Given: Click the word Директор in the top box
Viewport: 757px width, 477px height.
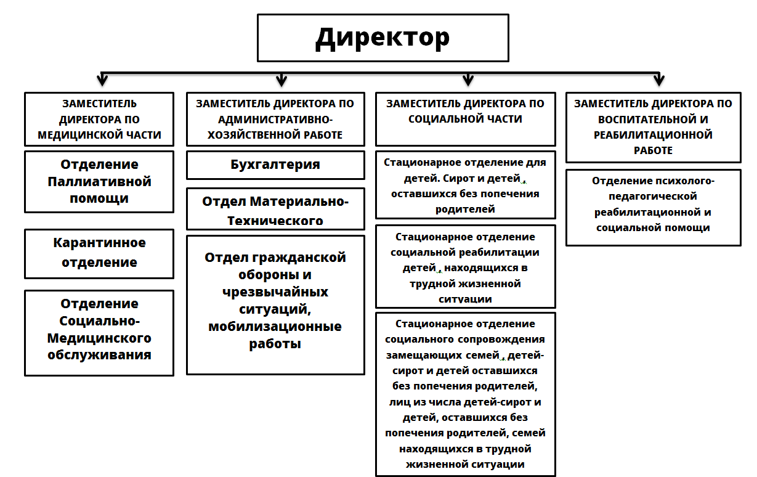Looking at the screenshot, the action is pos(383,38).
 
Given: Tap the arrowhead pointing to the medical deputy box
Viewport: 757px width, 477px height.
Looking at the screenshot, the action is pos(102,79).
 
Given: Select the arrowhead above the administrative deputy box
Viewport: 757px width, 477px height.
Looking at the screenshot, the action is pos(281,79).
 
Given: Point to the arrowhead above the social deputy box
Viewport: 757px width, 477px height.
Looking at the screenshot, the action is pos(468,79).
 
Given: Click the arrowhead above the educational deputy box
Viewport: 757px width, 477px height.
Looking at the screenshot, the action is pos(659,79).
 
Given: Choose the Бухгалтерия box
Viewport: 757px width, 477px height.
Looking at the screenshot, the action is pos(275,165).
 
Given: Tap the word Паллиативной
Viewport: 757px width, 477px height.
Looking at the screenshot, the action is pos(99,182).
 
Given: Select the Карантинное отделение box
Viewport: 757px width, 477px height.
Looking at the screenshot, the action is pos(99,254).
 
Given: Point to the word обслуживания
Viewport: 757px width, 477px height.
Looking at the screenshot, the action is pos(99,355).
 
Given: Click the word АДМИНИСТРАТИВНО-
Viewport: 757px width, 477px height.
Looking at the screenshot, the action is pos(275,120).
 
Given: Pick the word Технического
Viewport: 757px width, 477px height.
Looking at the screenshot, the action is pos(275,221).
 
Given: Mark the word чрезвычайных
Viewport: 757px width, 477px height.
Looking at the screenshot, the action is pos(275,291).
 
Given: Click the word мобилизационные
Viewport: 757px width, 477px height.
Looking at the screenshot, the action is pos(275,327).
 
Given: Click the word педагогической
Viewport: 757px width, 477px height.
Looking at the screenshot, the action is pos(652,197).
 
